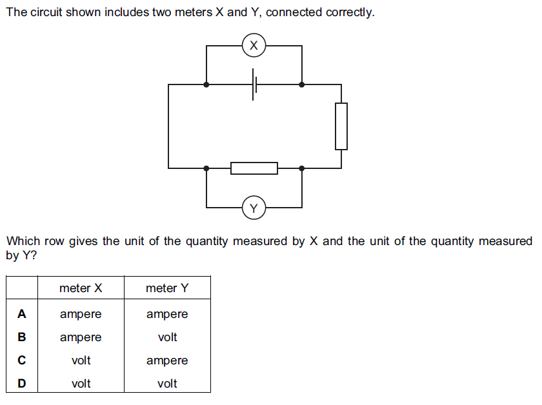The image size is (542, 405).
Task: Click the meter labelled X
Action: (254, 45)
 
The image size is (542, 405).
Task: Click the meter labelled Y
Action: (254, 208)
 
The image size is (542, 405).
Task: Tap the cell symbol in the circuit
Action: (254, 84)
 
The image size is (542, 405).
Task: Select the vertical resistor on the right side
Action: (341, 126)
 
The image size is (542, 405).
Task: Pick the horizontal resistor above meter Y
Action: (254, 168)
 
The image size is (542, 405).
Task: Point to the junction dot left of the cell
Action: (206, 84)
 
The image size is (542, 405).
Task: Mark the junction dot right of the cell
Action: (302, 84)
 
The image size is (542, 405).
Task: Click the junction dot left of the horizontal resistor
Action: (206, 168)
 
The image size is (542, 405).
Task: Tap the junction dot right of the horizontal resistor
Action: (302, 168)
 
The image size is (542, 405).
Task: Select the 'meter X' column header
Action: (81, 288)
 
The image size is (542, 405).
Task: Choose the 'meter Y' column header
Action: (167, 288)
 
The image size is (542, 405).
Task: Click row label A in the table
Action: (22, 314)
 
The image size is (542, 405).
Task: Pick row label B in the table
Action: (22, 337)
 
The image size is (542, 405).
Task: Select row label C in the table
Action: (22, 361)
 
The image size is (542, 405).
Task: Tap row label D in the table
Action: (22, 384)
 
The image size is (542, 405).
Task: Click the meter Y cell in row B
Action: (167, 337)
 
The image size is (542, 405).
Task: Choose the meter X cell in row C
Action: (81, 361)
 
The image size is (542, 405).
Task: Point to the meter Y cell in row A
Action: (167, 314)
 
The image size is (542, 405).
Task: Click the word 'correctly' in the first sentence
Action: (351, 13)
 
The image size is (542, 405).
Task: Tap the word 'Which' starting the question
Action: (23, 241)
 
